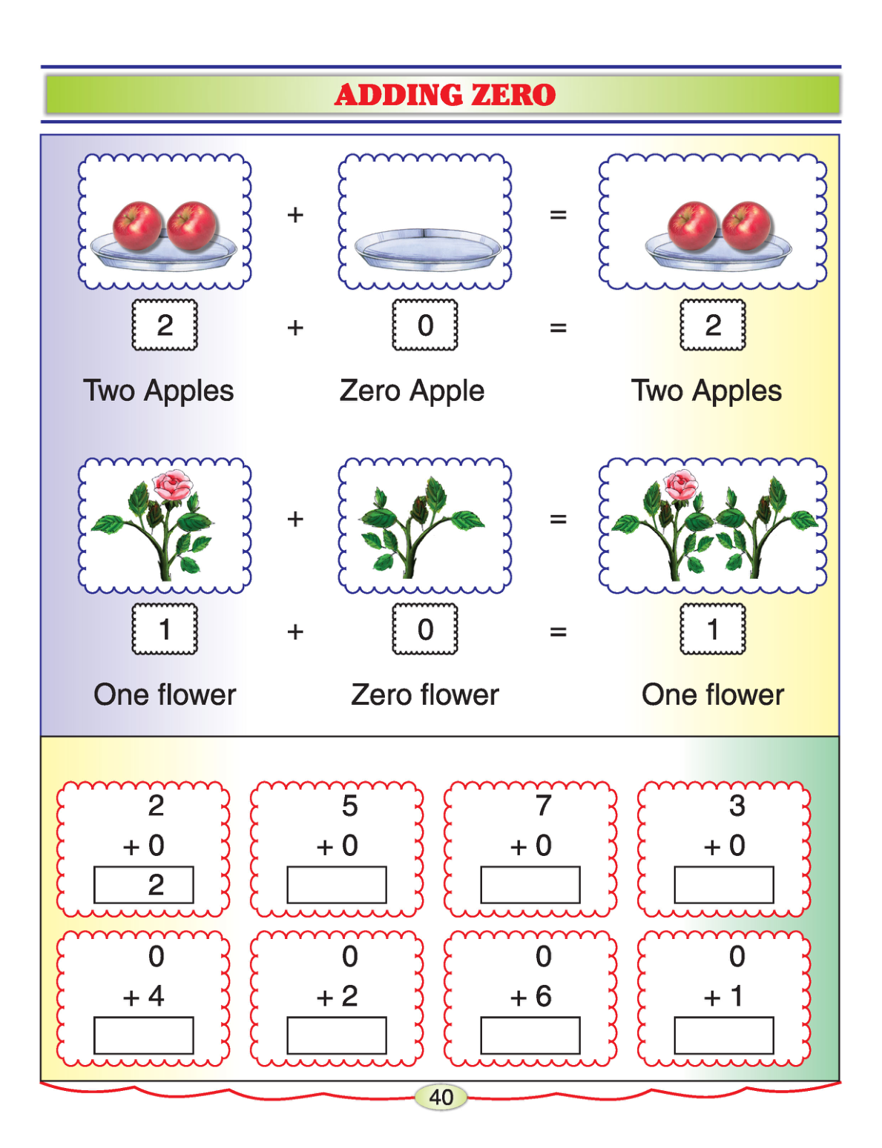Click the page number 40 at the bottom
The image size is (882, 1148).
[441, 1097]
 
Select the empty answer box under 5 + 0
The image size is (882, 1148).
[337, 885]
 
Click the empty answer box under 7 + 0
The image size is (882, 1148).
[530, 885]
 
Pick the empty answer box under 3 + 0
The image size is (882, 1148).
[724, 885]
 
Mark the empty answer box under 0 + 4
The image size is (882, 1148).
[143, 1035]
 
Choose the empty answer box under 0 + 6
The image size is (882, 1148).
[530, 1035]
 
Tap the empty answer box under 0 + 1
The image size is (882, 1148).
[724, 1035]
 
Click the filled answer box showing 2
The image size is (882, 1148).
[143, 885]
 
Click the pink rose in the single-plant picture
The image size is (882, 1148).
[172, 485]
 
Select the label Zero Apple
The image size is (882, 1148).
[412, 391]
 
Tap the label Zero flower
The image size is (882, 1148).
[425, 694]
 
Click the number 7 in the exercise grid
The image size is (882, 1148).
[544, 806]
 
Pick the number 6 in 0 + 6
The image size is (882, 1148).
[544, 996]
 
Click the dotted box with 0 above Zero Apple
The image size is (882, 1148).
[425, 325]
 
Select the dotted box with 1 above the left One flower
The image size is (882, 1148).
[165, 629]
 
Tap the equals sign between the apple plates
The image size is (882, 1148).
[558, 215]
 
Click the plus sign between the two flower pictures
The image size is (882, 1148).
[295, 519]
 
